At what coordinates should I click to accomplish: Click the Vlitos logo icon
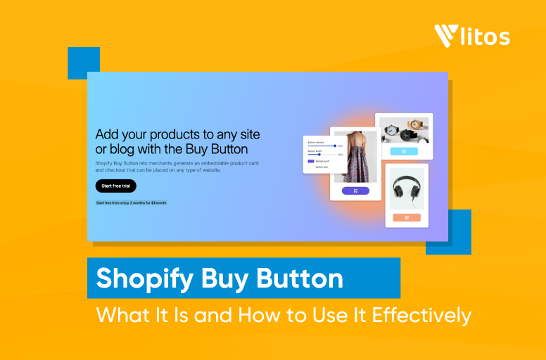(446, 36)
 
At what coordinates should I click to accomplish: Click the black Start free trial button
(115, 186)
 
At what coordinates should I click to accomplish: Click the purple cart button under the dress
(355, 191)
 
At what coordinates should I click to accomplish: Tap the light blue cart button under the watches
(403, 151)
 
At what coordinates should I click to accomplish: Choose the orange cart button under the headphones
(406, 217)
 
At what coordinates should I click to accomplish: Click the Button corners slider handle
(334, 146)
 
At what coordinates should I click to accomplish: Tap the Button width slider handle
(319, 154)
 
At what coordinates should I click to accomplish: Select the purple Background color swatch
(310, 161)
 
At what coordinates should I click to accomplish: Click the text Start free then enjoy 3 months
(131, 202)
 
